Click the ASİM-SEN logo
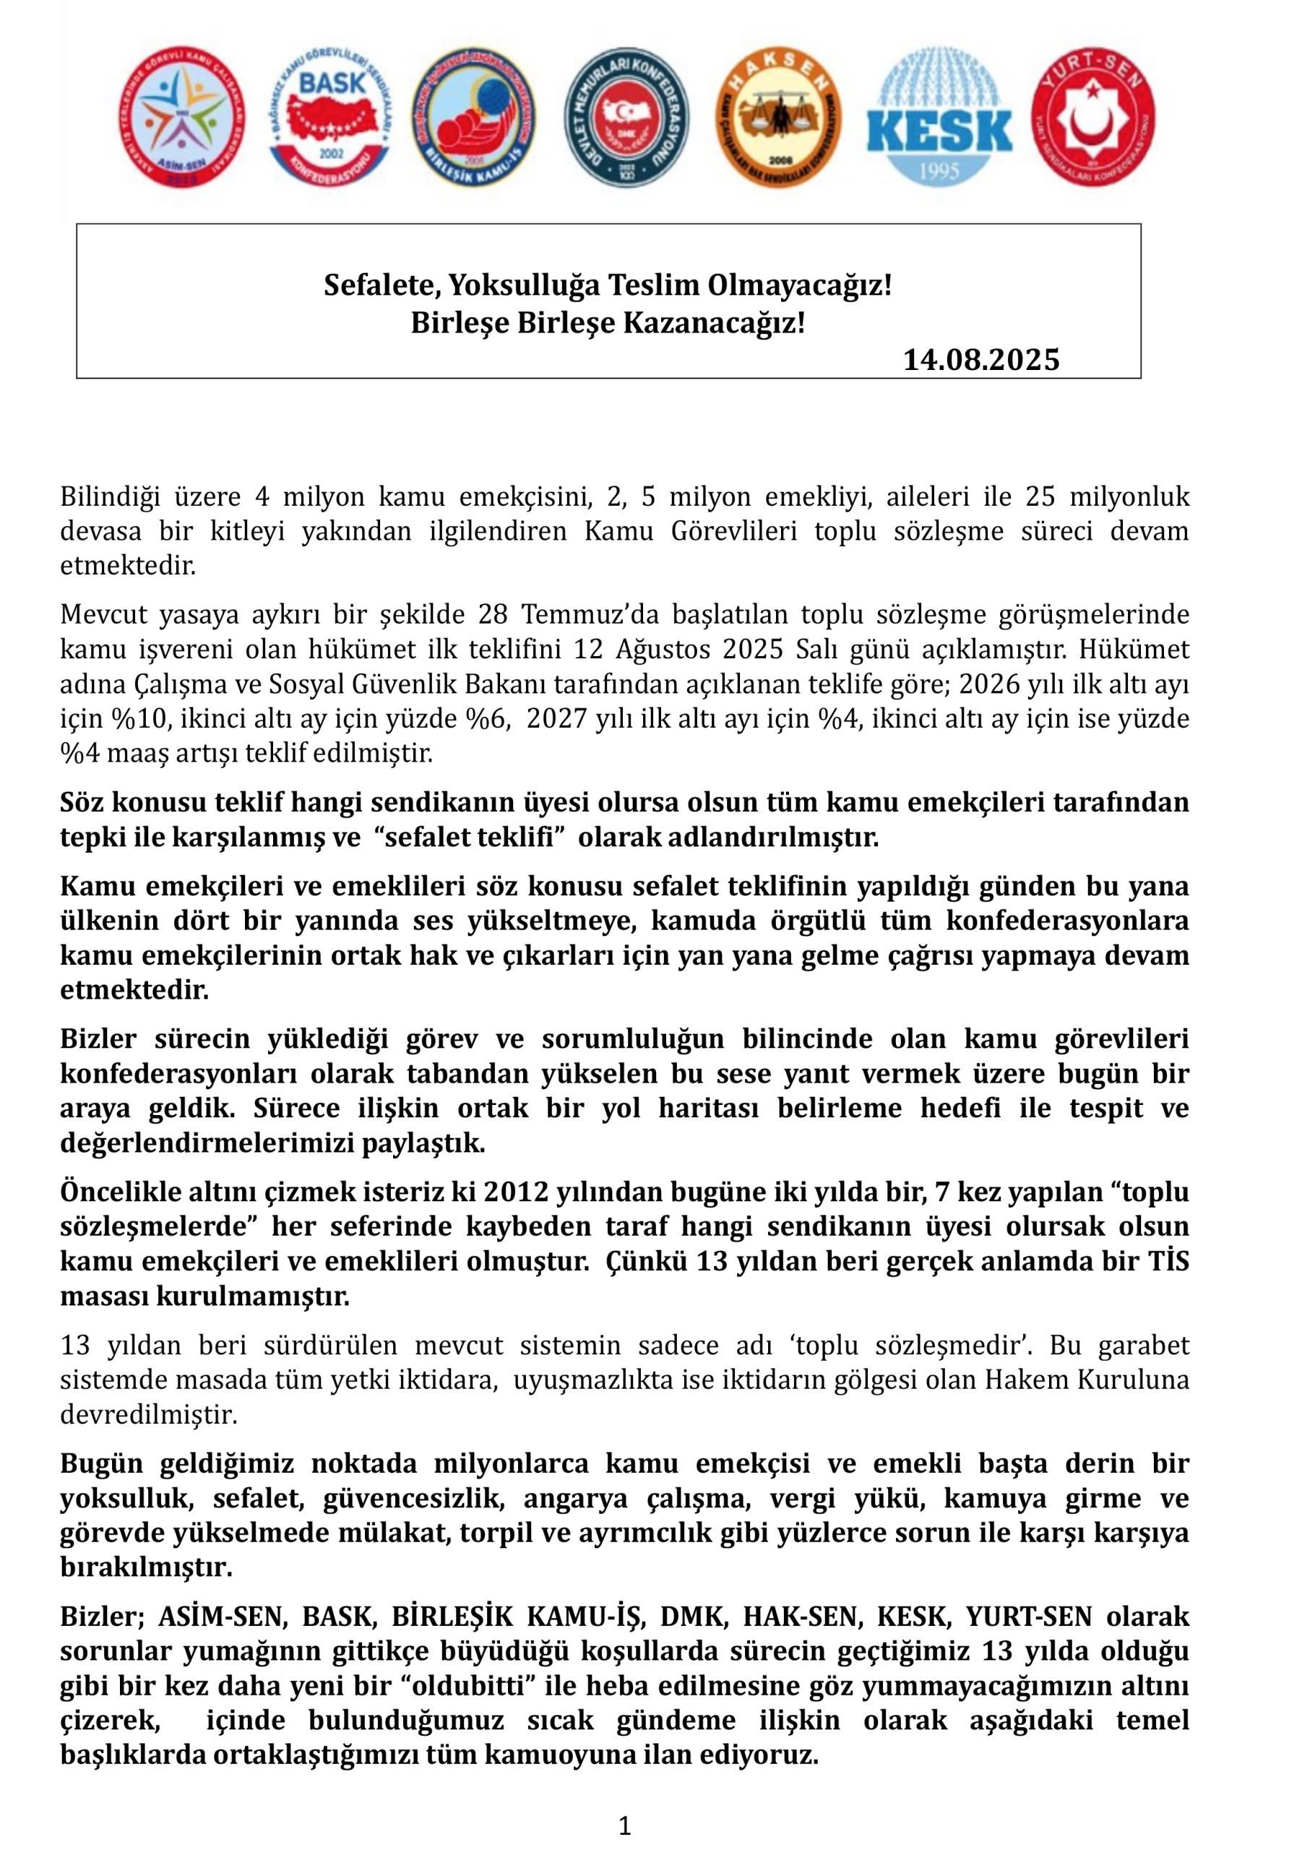tap(182, 117)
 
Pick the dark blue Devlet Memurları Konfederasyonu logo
tap(626, 117)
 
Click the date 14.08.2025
tap(980, 359)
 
